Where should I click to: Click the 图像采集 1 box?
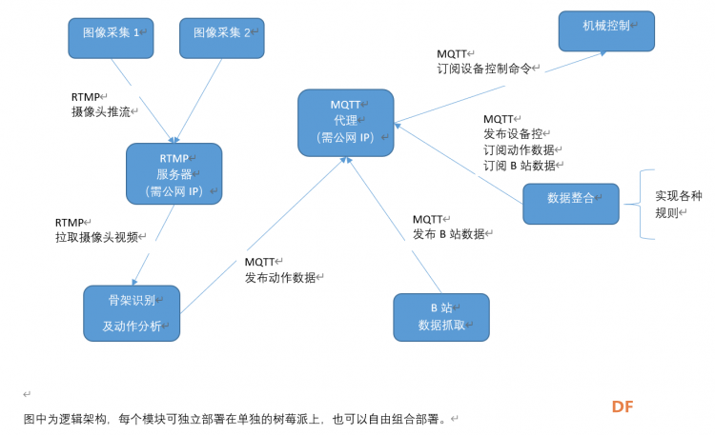(111, 38)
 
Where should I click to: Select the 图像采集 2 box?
(221, 38)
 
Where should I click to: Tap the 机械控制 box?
(606, 31)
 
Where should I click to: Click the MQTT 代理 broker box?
(346, 123)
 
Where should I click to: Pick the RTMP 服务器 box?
(174, 173)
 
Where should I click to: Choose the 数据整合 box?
(571, 204)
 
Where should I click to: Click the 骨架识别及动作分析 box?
(132, 313)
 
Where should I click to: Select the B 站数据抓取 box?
(441, 317)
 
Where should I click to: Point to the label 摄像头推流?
(101, 111)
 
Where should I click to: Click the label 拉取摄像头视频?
(96, 237)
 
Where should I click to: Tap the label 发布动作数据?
(280, 277)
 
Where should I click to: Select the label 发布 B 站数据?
(449, 234)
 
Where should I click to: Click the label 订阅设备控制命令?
(484, 69)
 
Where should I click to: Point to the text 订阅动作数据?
(519, 149)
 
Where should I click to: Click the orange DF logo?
(623, 406)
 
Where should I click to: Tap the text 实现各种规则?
(679, 204)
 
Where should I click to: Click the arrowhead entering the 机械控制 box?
(603, 53)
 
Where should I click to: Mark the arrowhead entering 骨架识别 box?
(134, 283)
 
